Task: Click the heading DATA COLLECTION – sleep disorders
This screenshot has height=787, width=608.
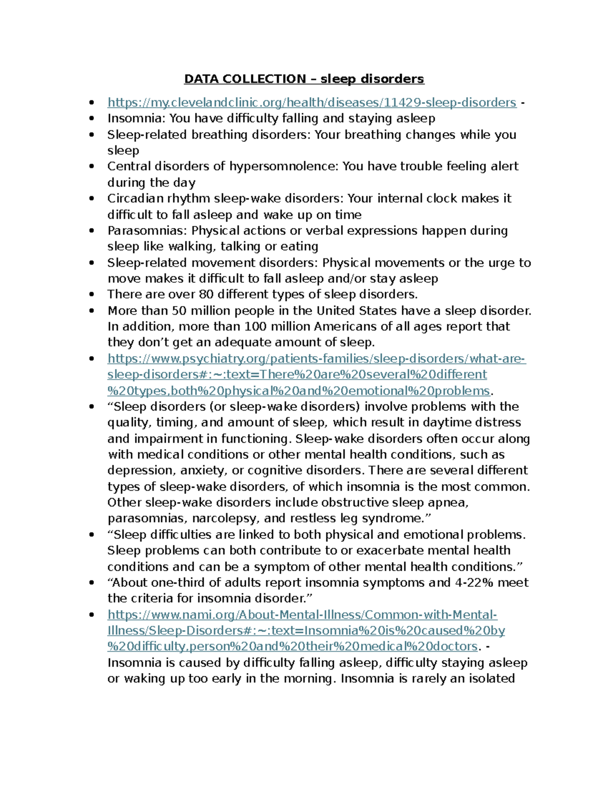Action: point(304,79)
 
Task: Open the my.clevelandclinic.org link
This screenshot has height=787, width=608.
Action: point(312,103)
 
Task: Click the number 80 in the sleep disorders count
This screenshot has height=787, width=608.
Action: point(206,294)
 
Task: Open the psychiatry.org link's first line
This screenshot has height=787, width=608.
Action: point(317,359)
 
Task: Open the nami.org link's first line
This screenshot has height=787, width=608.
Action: point(302,615)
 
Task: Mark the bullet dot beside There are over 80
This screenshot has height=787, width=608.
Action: point(92,294)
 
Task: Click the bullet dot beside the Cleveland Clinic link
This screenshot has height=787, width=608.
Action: point(92,103)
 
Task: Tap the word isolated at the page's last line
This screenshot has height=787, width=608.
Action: point(489,679)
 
